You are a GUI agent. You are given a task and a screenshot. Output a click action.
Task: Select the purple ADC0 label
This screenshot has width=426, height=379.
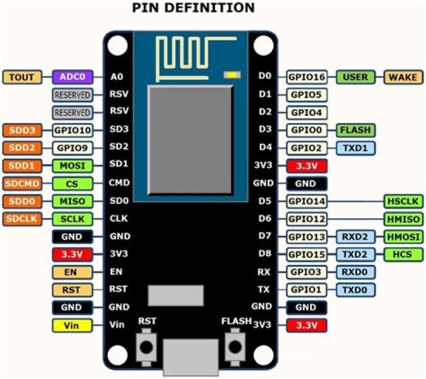pyautogui.click(x=72, y=77)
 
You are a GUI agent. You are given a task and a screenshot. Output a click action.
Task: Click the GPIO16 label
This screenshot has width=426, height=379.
pyautogui.click(x=307, y=77)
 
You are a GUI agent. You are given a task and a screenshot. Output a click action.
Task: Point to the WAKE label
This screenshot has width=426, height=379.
pyautogui.click(x=404, y=77)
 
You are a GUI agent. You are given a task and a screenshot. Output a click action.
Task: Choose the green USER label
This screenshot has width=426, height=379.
pyautogui.click(x=356, y=77)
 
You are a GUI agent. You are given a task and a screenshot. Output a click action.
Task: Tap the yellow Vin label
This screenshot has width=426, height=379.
pyautogui.click(x=72, y=325)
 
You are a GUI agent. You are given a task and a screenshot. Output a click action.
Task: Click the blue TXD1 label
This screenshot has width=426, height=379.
pyautogui.click(x=356, y=148)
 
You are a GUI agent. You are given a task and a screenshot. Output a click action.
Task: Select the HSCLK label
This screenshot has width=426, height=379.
pyautogui.click(x=404, y=201)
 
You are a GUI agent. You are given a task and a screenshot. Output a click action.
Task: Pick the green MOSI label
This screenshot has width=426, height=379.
pyautogui.click(x=72, y=166)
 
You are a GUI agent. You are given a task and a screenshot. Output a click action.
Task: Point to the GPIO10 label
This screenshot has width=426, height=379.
pyautogui.click(x=72, y=130)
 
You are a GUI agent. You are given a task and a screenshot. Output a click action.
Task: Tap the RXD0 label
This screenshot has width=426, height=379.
pyautogui.click(x=356, y=272)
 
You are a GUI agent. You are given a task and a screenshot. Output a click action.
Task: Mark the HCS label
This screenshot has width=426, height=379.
pyautogui.click(x=404, y=254)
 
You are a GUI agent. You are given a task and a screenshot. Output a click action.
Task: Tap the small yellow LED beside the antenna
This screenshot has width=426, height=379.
pyautogui.click(x=231, y=75)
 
